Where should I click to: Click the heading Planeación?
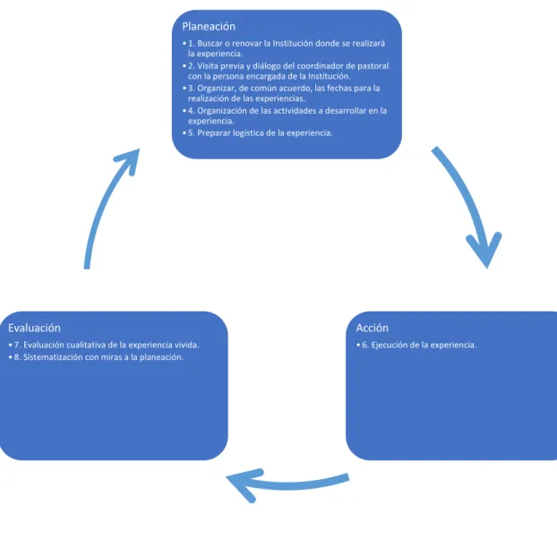point(209,26)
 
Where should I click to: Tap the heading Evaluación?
point(34,328)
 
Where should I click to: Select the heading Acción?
point(372,328)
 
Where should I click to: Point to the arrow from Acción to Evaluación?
point(287,485)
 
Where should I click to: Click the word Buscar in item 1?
point(210,43)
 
